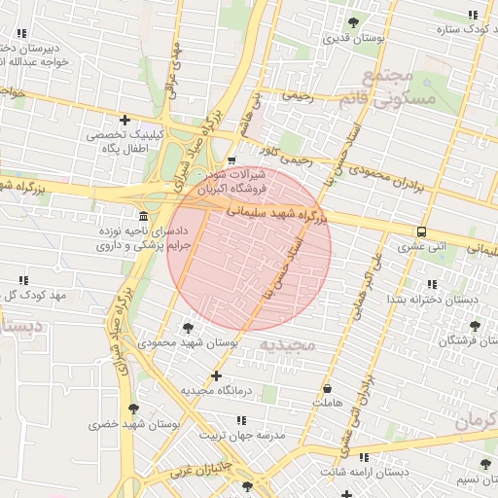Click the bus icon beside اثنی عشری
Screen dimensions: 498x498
[x=421, y=231]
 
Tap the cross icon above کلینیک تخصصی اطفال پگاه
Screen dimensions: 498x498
[x=124, y=120]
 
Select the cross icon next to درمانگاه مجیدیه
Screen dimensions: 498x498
[x=216, y=375]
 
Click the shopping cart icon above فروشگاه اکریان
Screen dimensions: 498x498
[x=231, y=160]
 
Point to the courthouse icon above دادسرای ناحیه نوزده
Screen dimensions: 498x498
[x=144, y=215]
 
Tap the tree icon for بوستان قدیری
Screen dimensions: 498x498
[x=353, y=22]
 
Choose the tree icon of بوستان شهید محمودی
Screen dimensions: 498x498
[x=187, y=328]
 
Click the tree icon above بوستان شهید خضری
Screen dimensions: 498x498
[x=133, y=409]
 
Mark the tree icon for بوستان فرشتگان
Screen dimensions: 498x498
[x=475, y=326]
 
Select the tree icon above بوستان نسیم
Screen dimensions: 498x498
[x=484, y=464]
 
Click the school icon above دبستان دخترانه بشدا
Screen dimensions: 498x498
[x=431, y=283]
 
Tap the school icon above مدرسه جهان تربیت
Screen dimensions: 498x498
[x=241, y=420]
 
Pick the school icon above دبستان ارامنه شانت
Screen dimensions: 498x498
[x=364, y=456]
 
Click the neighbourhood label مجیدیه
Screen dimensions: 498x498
[x=283, y=344]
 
